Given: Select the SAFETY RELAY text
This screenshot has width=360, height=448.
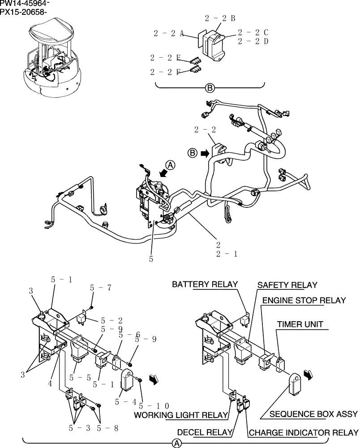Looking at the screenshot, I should point(287,285).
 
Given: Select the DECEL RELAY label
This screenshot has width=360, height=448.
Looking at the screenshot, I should point(205,432).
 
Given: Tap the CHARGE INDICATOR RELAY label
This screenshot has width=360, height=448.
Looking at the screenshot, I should point(303,433).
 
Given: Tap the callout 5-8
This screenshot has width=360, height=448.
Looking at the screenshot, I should point(107,428).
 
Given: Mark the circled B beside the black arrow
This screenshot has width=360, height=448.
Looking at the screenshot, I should point(192,153).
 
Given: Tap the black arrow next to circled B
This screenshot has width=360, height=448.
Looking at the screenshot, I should point(205,153).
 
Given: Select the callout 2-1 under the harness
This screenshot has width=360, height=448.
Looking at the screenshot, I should point(227,254).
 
